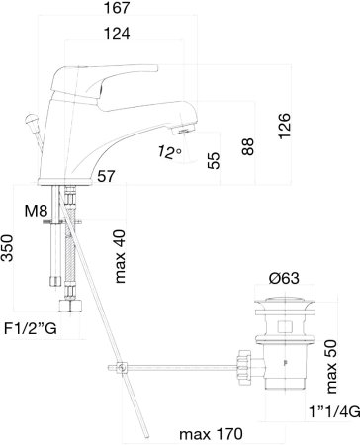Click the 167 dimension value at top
117,8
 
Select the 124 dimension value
117,34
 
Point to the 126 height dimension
284,126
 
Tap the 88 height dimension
248,146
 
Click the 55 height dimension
214,160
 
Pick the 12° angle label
169,152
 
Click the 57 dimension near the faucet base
106,176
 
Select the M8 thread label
36,211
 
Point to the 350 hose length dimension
7,248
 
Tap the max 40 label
120,256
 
